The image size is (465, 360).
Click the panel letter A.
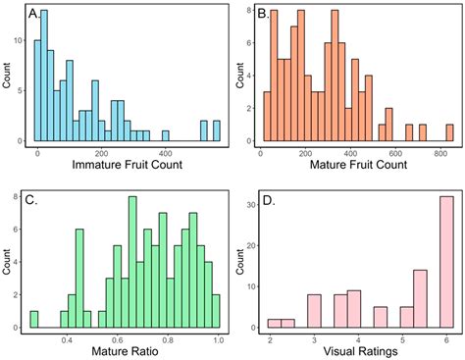click(35, 15)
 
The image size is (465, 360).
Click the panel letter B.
click(262, 15)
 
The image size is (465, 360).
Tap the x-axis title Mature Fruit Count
click(355, 165)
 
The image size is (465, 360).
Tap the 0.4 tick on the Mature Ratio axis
click(68, 337)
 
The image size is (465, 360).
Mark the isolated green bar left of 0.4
click(34, 319)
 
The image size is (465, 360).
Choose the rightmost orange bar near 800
click(449, 132)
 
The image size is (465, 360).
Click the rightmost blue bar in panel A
click(217, 130)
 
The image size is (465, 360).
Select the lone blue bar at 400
click(165, 135)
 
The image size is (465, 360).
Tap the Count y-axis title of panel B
click(238, 74)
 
